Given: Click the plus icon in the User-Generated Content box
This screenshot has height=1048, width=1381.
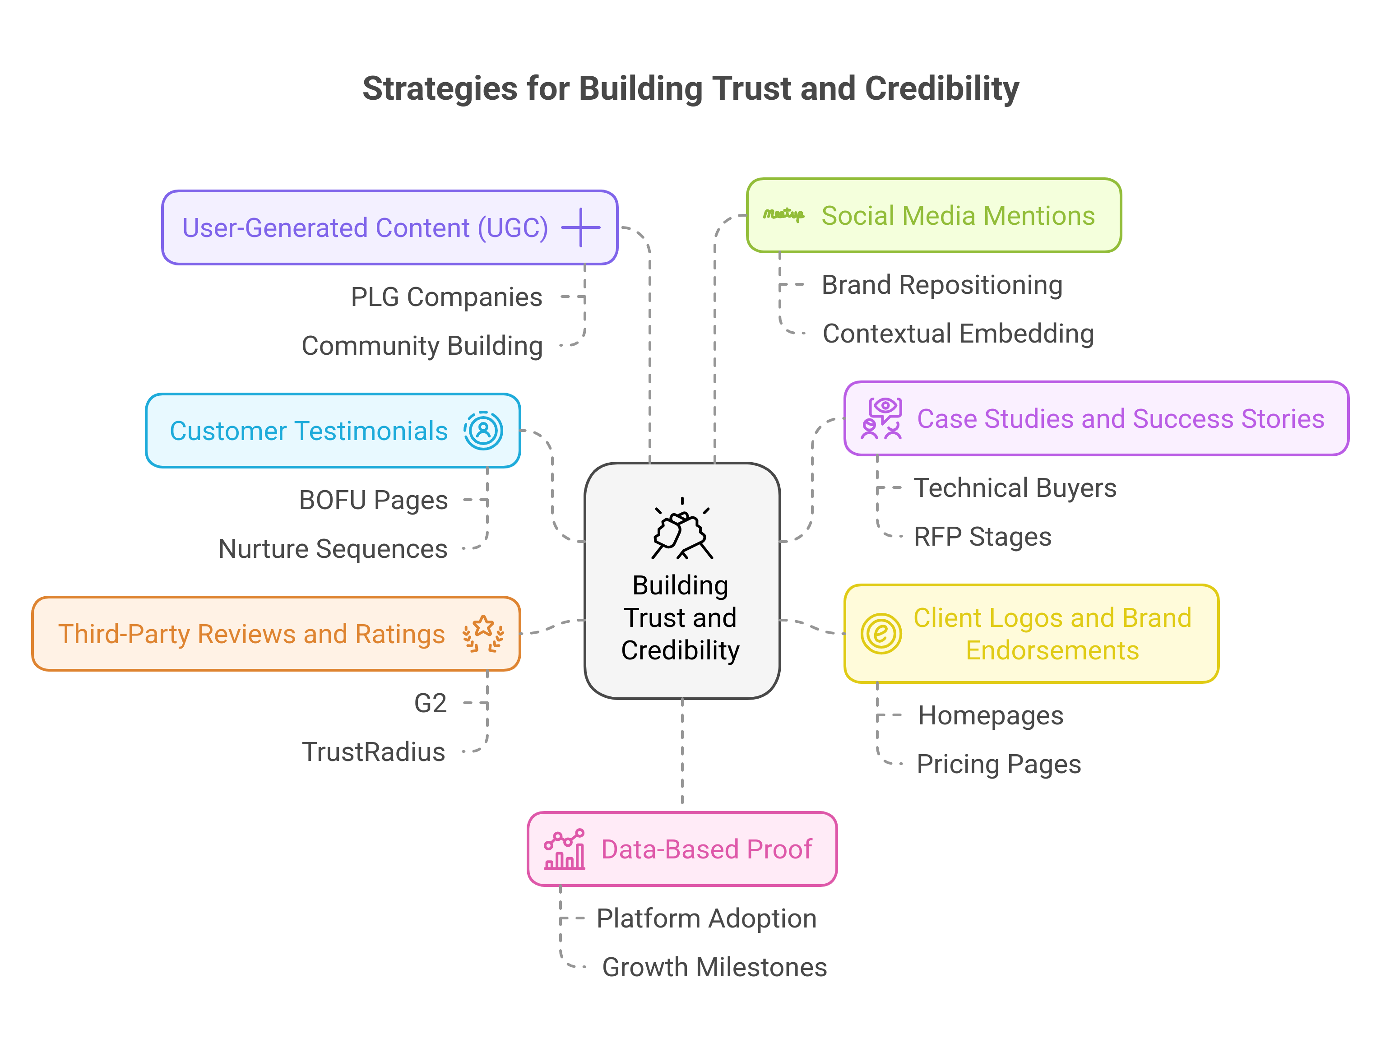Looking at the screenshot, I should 581,228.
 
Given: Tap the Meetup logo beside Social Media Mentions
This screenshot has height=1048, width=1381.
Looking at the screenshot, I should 783,215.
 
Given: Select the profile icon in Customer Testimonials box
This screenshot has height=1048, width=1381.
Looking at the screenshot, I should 482,431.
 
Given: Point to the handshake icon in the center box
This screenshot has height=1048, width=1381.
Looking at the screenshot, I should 682,531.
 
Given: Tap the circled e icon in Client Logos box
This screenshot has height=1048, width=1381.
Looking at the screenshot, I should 881,634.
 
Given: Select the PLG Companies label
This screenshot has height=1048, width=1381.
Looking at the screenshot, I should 446,297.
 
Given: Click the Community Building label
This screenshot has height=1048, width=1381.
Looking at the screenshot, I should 422,346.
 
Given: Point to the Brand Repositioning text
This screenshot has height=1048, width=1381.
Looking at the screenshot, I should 942,285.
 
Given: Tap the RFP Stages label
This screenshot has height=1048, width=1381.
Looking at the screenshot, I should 982,537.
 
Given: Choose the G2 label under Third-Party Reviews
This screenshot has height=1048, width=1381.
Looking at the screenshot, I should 430,704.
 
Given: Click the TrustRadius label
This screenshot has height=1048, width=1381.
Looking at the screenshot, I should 373,752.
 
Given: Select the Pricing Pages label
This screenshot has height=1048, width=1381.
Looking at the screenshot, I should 999,764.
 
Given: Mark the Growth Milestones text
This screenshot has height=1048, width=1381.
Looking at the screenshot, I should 714,968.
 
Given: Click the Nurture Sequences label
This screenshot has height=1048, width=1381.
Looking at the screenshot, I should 333,549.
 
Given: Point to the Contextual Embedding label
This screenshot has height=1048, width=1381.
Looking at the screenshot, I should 958,334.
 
